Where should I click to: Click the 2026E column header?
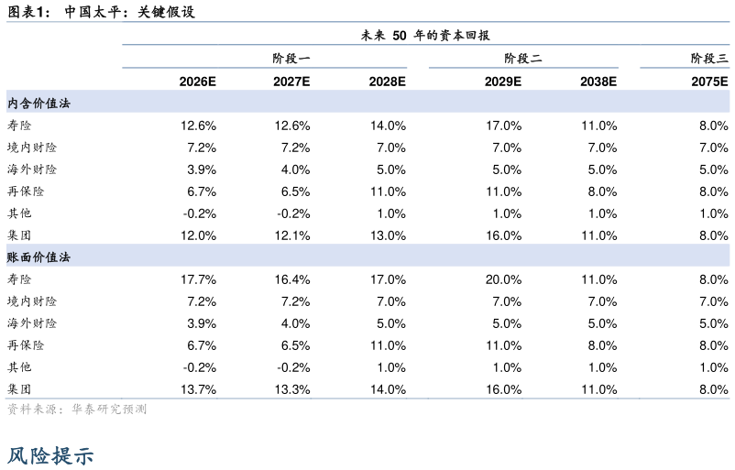point(197,82)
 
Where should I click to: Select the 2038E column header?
point(598,82)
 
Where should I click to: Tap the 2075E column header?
point(709,82)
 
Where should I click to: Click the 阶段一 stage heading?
point(291,59)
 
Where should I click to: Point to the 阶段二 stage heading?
point(522,59)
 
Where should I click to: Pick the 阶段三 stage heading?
point(709,59)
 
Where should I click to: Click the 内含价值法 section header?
point(38,104)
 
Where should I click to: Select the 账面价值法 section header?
point(38,257)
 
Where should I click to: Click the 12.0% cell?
point(198,235)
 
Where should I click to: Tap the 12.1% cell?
point(292,235)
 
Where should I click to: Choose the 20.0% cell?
point(503,279)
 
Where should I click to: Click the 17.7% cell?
point(198,279)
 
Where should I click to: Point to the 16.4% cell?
point(292,279)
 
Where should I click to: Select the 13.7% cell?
point(198,389)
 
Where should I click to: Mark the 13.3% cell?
point(292,389)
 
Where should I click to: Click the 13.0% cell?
point(389,235)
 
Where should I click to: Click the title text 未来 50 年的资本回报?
point(425,35)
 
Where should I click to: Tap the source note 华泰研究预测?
point(109,410)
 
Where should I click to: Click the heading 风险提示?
point(50,455)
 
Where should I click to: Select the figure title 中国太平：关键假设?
point(130,12)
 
